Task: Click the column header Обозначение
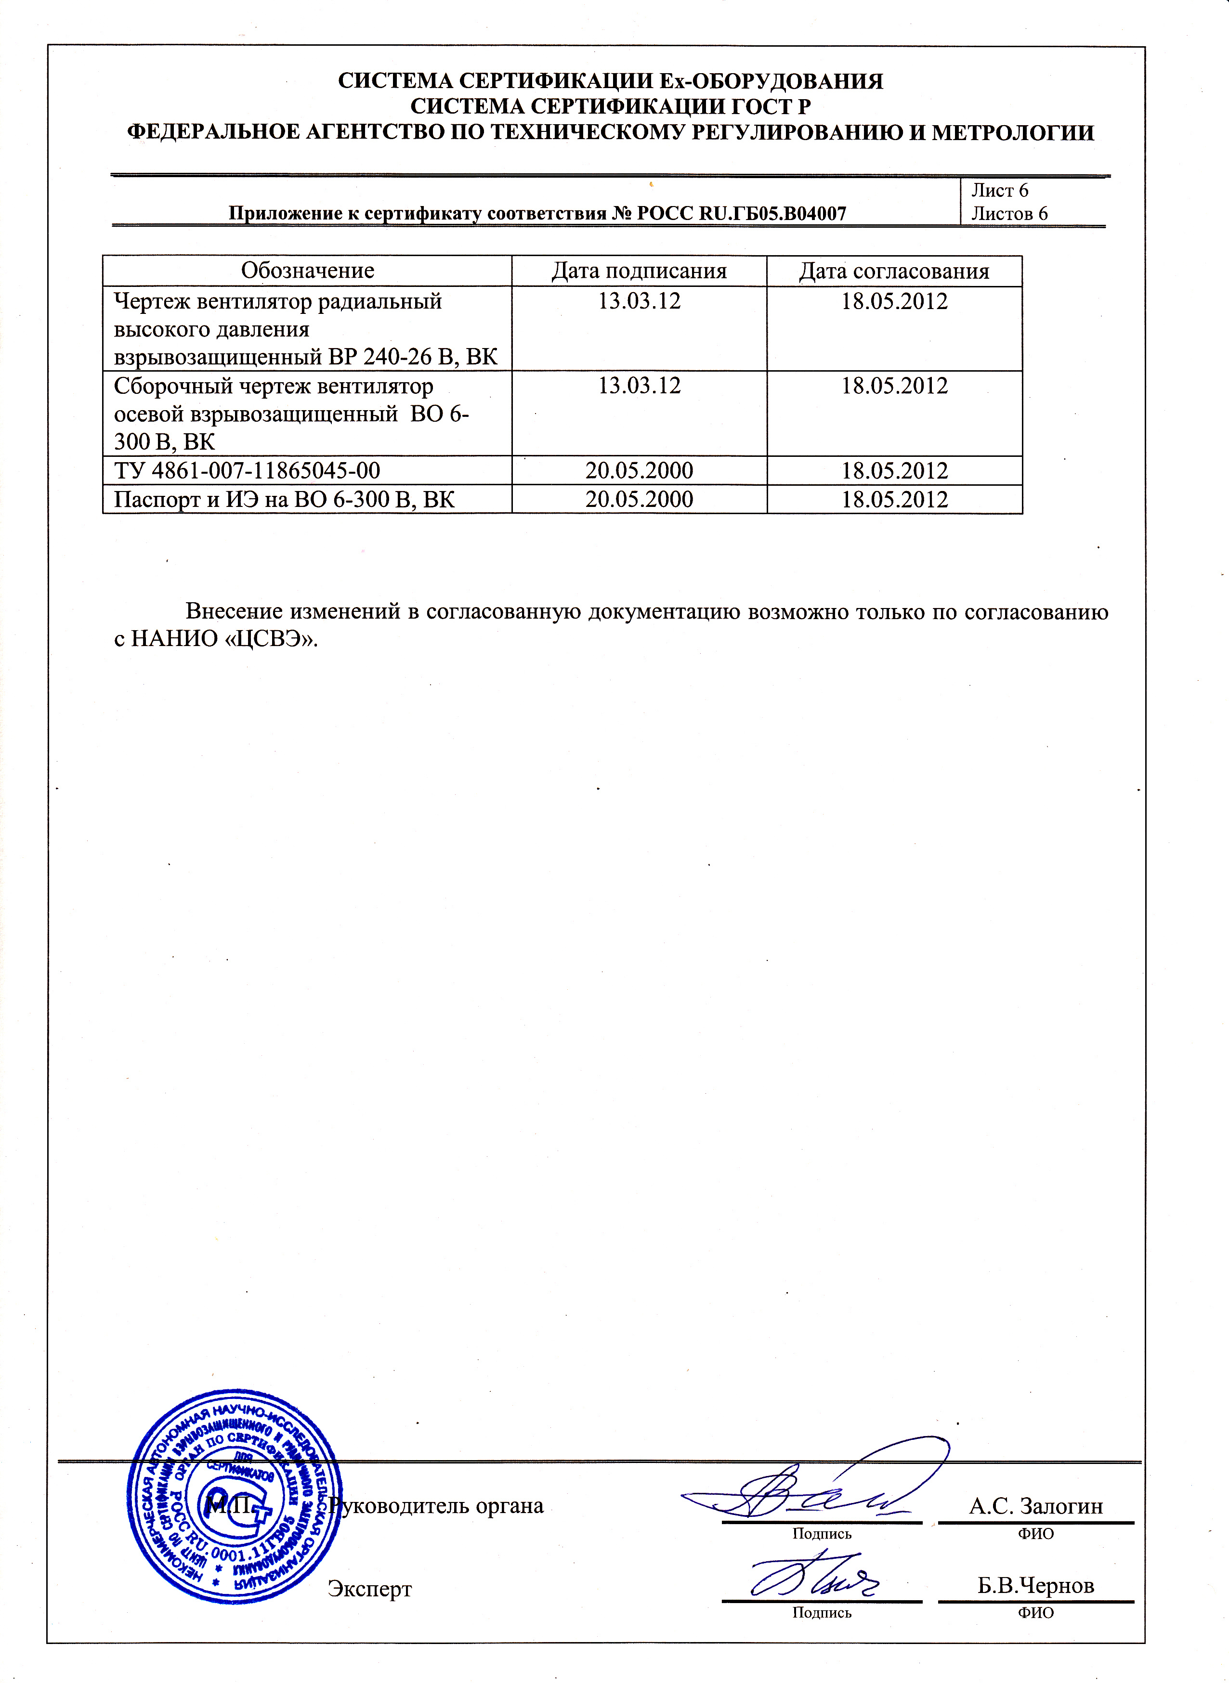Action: (307, 271)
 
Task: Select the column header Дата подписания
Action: (639, 271)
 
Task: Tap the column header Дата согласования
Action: (894, 271)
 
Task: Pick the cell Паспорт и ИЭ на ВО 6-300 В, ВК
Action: (284, 499)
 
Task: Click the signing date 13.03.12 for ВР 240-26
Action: (639, 301)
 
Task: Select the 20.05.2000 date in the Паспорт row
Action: (639, 499)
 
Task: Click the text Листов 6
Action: (1009, 213)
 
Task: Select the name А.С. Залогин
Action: (1035, 1506)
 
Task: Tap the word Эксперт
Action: (370, 1589)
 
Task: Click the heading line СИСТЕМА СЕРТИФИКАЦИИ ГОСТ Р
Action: (610, 106)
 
